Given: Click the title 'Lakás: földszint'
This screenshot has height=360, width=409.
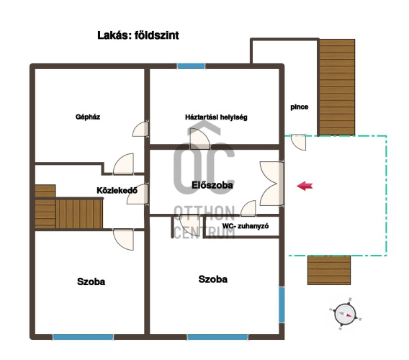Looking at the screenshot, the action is point(138,35).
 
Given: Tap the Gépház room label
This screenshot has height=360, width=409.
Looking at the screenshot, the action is point(88,117).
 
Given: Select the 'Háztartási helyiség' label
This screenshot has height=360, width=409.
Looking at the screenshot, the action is point(216,117).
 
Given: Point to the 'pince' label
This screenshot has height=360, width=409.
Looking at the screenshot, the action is point(299,107).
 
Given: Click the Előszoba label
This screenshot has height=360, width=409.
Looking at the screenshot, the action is point(212,185).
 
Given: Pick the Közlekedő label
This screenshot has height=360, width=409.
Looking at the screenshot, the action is point(117,190).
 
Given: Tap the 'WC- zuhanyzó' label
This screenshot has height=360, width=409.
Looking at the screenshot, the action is point(246,226).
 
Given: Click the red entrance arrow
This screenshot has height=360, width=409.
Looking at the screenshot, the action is point(305,186).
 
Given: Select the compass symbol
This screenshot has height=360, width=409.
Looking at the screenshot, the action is point(346,314).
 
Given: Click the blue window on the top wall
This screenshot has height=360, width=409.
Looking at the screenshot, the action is point(192,66).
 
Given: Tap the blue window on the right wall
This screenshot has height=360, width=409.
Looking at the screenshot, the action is point(282,305).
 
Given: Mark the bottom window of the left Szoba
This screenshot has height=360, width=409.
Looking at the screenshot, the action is point(84,337).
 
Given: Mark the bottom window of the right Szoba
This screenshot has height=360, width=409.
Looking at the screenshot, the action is point(217,337).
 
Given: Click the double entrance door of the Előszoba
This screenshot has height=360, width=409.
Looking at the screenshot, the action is point(271,184).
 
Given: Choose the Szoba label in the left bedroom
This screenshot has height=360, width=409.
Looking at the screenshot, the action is point(91,282).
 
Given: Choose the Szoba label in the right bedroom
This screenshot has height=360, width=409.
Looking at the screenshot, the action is point(213,279).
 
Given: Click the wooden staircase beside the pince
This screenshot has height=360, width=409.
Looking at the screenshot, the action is point(337,87).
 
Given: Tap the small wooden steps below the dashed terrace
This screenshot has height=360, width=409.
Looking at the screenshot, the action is point(329,270).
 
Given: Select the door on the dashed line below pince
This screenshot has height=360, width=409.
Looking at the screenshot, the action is point(298,142).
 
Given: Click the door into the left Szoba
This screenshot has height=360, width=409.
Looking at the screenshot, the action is point(123,239).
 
